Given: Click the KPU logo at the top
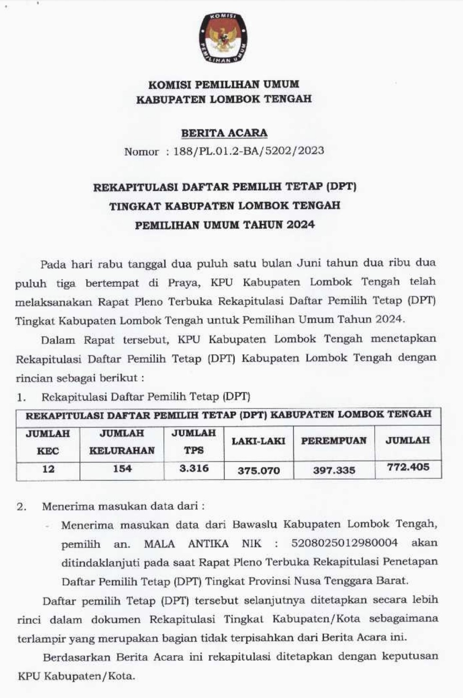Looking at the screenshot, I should coord(223,38).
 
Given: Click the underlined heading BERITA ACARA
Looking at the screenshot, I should coord(224,133).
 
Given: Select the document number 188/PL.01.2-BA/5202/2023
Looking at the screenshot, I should coord(249,151).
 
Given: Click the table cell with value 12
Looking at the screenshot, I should coord(48,469).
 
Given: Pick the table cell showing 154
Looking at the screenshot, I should coord(122,469).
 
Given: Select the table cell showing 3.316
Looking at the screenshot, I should coord(194,468).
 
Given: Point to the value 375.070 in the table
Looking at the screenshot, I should coord(259,470).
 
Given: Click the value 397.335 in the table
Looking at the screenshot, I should coord(334,470).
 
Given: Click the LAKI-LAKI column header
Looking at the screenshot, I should coord(259,441).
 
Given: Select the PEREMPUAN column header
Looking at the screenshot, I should coord(334,441).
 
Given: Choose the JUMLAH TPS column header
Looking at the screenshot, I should coord(194,442).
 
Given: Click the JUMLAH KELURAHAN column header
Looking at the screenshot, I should coord(122,442).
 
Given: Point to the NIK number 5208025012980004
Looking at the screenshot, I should coord(344,543).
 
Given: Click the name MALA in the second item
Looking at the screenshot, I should coord(159,544).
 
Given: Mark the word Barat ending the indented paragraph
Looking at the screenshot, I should coord(392,581).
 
